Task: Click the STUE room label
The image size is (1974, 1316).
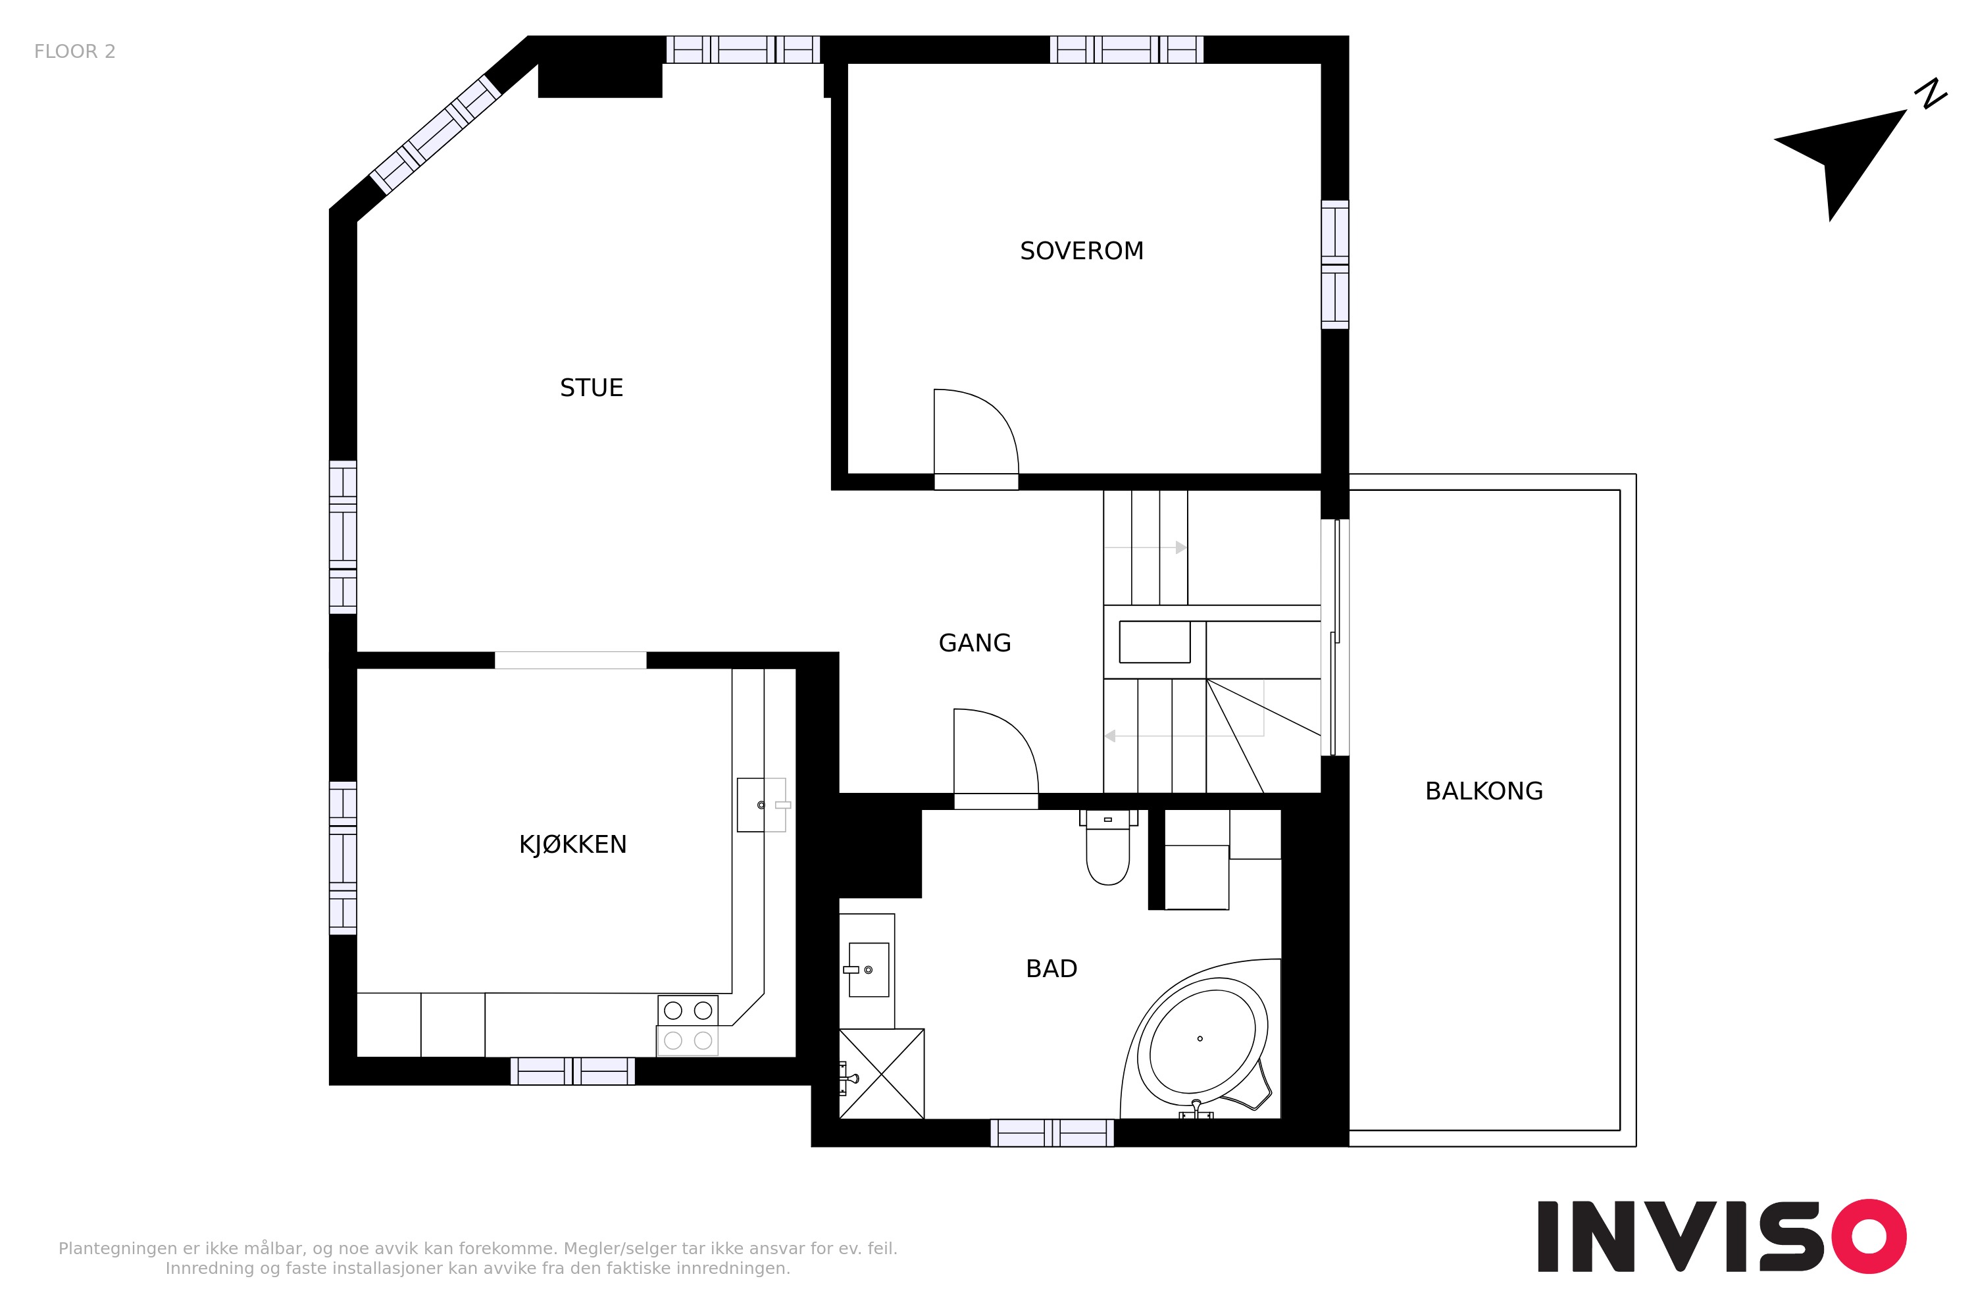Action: (x=592, y=388)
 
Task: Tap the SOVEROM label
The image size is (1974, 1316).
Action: (x=1082, y=251)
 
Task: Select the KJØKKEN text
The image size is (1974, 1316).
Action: (x=573, y=844)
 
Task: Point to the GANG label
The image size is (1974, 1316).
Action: (x=974, y=643)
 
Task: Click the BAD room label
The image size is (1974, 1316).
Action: (x=1051, y=969)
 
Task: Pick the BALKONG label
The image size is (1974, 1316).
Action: (x=1484, y=791)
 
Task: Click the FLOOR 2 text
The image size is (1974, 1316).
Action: (x=75, y=51)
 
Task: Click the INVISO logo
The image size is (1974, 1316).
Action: (x=1722, y=1236)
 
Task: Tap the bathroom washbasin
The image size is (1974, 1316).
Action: (x=868, y=969)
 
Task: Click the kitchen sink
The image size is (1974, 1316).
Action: (x=762, y=805)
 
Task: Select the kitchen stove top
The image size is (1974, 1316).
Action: (x=688, y=1026)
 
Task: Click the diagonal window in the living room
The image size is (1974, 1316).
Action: (x=436, y=134)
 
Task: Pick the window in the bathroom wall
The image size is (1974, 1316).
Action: (x=1051, y=1133)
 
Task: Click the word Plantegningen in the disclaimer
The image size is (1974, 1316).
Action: (x=118, y=1249)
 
